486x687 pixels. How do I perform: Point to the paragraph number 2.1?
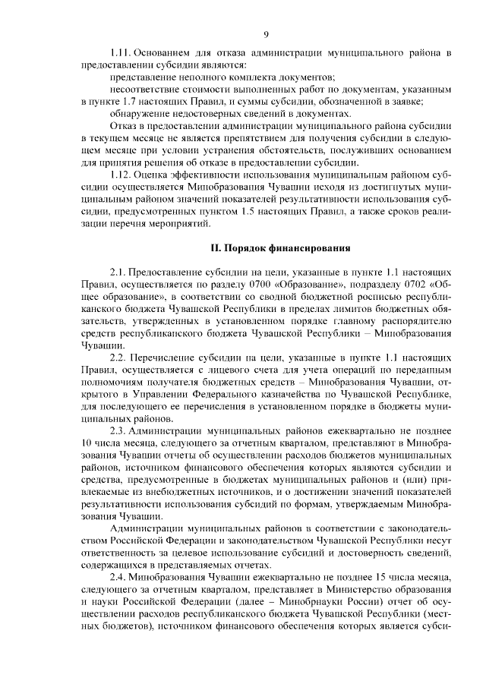[118, 271]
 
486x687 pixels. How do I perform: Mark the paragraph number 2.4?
[118, 578]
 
